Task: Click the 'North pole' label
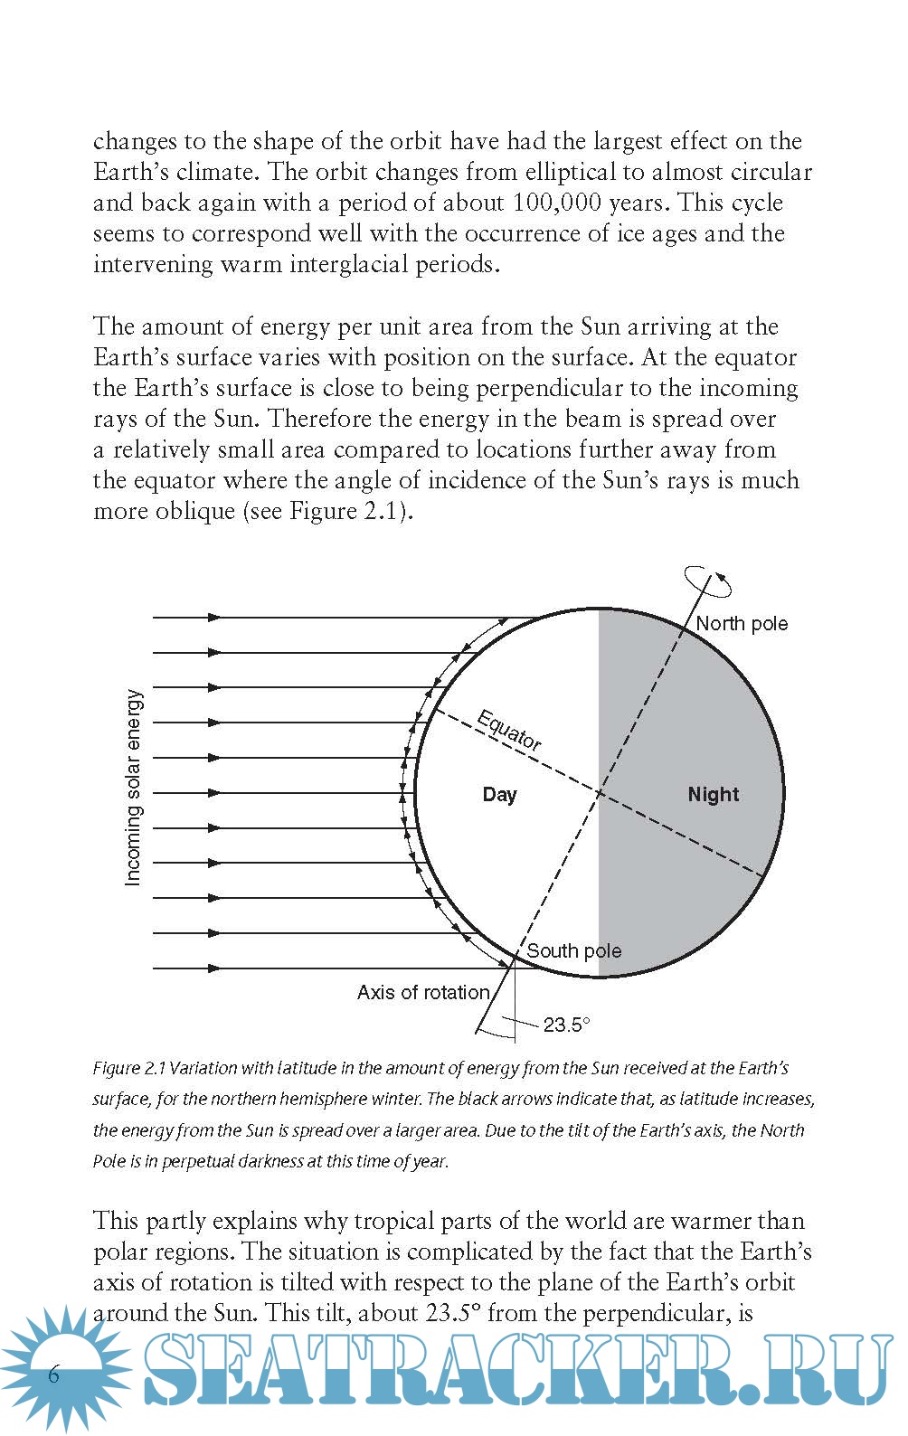point(742,624)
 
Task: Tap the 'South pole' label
point(573,951)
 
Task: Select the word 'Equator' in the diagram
point(509,732)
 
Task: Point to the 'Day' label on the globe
point(499,795)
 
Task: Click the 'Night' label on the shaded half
point(713,795)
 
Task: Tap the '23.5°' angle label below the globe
point(566,1025)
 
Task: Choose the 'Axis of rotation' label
point(422,993)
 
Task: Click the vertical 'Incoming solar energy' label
point(133,788)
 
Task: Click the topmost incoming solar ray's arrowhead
point(214,618)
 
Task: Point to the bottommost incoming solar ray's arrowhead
point(214,968)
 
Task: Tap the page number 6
point(53,1375)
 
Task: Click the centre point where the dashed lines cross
point(599,794)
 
